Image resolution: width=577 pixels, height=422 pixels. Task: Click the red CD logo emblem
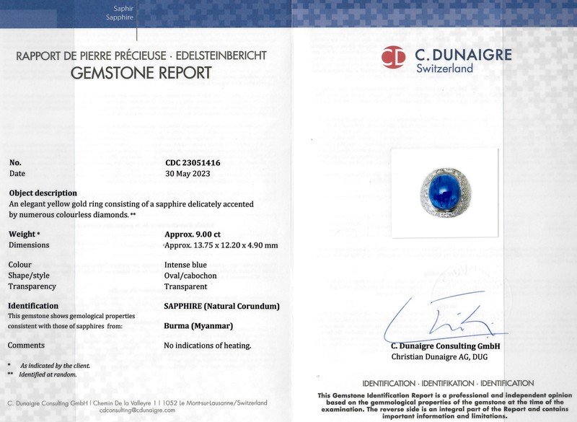393,57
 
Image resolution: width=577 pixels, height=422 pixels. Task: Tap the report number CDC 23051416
193,163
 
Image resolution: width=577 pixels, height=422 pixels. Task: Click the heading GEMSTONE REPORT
141,73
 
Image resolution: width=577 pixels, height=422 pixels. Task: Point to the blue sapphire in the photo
446,189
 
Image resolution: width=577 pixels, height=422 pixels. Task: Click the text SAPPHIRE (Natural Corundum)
221,306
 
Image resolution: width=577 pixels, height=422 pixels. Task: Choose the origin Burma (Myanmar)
198,326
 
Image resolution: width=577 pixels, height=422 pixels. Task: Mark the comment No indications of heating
208,346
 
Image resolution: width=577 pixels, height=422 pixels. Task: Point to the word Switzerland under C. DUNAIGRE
444,69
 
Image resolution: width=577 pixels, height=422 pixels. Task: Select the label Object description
43,193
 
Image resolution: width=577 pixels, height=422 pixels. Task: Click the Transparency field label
32,286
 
